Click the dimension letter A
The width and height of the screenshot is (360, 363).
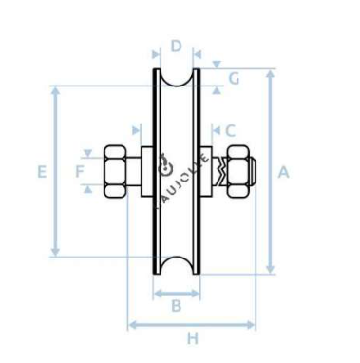click(x=283, y=172)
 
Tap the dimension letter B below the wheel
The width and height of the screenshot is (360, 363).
click(x=176, y=306)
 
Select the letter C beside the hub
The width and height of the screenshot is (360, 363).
click(x=230, y=130)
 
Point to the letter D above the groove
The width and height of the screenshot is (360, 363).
click(x=177, y=47)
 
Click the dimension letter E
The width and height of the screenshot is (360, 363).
click(x=42, y=172)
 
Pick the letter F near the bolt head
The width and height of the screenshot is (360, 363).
click(x=80, y=172)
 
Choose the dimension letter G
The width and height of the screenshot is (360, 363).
click(x=234, y=79)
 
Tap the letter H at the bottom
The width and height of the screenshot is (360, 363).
click(x=192, y=338)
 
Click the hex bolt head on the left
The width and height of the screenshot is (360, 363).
click(x=114, y=172)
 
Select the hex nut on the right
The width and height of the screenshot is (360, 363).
click(x=237, y=171)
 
